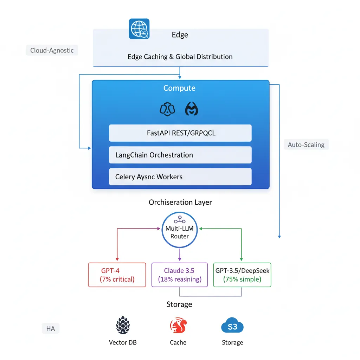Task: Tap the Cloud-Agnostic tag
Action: [52, 50]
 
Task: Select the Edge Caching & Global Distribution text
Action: [180, 57]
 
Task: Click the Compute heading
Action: [179, 88]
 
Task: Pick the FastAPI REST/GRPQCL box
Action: [180, 133]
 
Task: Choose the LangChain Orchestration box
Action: [180, 155]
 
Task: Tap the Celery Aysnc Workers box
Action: [180, 177]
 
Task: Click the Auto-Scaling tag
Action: [306, 144]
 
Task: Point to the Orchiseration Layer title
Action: [180, 202]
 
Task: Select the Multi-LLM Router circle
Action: [180, 232]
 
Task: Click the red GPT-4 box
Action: [117, 275]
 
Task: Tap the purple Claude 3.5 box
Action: [180, 275]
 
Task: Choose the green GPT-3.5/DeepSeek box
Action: [242, 275]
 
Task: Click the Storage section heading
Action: [179, 304]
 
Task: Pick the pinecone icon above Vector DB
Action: [123, 325]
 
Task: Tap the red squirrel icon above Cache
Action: [178, 326]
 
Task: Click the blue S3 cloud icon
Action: [232, 326]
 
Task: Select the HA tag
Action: [51, 329]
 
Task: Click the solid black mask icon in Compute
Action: [192, 110]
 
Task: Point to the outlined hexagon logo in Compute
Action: [167, 110]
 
